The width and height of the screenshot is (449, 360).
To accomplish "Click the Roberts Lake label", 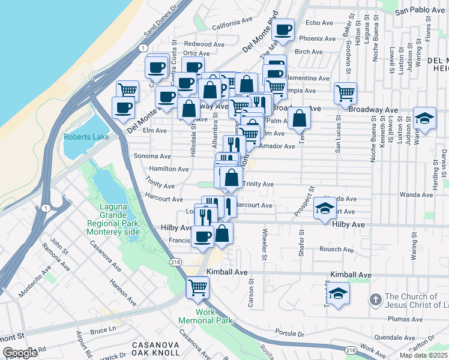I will [x=86, y=137].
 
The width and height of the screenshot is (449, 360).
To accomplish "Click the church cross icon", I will [x=375, y=298].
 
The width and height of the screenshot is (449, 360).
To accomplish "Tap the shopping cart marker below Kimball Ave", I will [x=197, y=287].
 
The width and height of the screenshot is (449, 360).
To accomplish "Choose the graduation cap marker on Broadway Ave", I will [x=424, y=118].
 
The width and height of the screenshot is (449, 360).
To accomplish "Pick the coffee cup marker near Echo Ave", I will [x=283, y=29].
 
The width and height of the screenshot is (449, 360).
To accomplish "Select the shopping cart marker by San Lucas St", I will [x=345, y=92].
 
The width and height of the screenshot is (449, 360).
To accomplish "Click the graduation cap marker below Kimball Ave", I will [x=338, y=294].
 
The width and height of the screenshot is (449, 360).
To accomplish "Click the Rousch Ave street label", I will [x=339, y=249].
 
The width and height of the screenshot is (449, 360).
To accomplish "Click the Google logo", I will [x=20, y=352].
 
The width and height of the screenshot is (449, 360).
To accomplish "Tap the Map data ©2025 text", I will [x=423, y=355].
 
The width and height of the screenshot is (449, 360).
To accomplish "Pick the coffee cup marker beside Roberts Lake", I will [x=123, y=107].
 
